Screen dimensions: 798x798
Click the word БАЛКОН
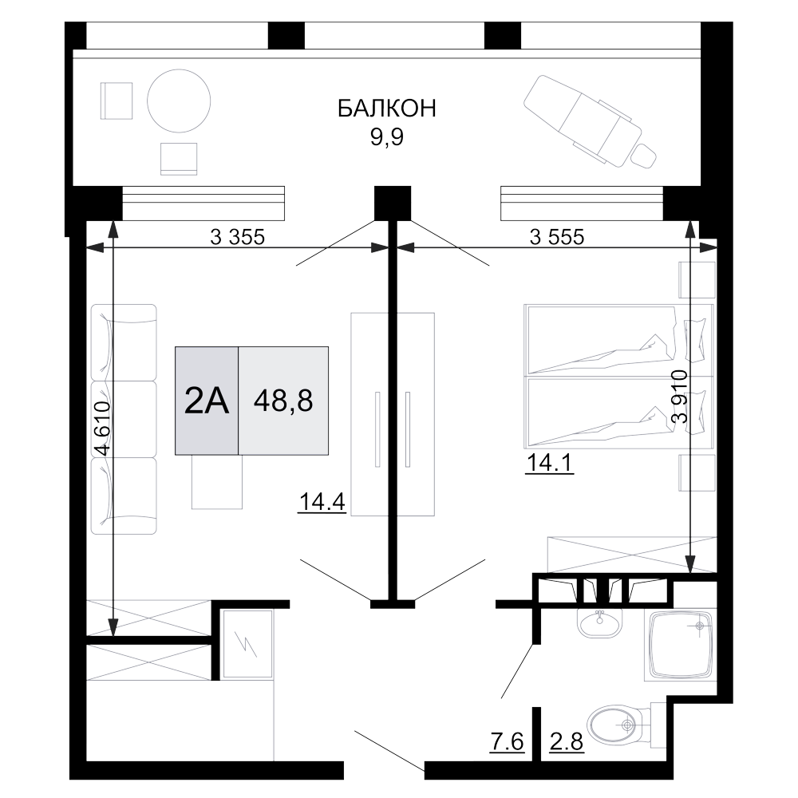[387, 109]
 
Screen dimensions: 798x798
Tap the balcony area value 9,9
[387, 137]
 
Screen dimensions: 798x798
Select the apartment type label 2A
[206, 401]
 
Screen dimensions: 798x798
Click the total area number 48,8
[283, 401]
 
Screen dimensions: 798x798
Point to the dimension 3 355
[238, 237]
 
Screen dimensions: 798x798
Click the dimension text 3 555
[557, 237]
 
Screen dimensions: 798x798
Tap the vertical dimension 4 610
[102, 428]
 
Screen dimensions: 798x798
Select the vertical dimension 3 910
[680, 397]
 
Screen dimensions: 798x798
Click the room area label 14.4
[322, 502]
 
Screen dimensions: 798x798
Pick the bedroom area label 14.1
[550, 463]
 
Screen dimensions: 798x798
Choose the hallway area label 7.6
[507, 741]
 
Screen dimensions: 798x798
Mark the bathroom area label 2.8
[567, 741]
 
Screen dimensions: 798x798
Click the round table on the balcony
[179, 101]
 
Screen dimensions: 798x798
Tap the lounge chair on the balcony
[591, 123]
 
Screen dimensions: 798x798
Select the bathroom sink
[599, 622]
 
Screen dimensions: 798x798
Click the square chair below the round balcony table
[179, 159]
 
